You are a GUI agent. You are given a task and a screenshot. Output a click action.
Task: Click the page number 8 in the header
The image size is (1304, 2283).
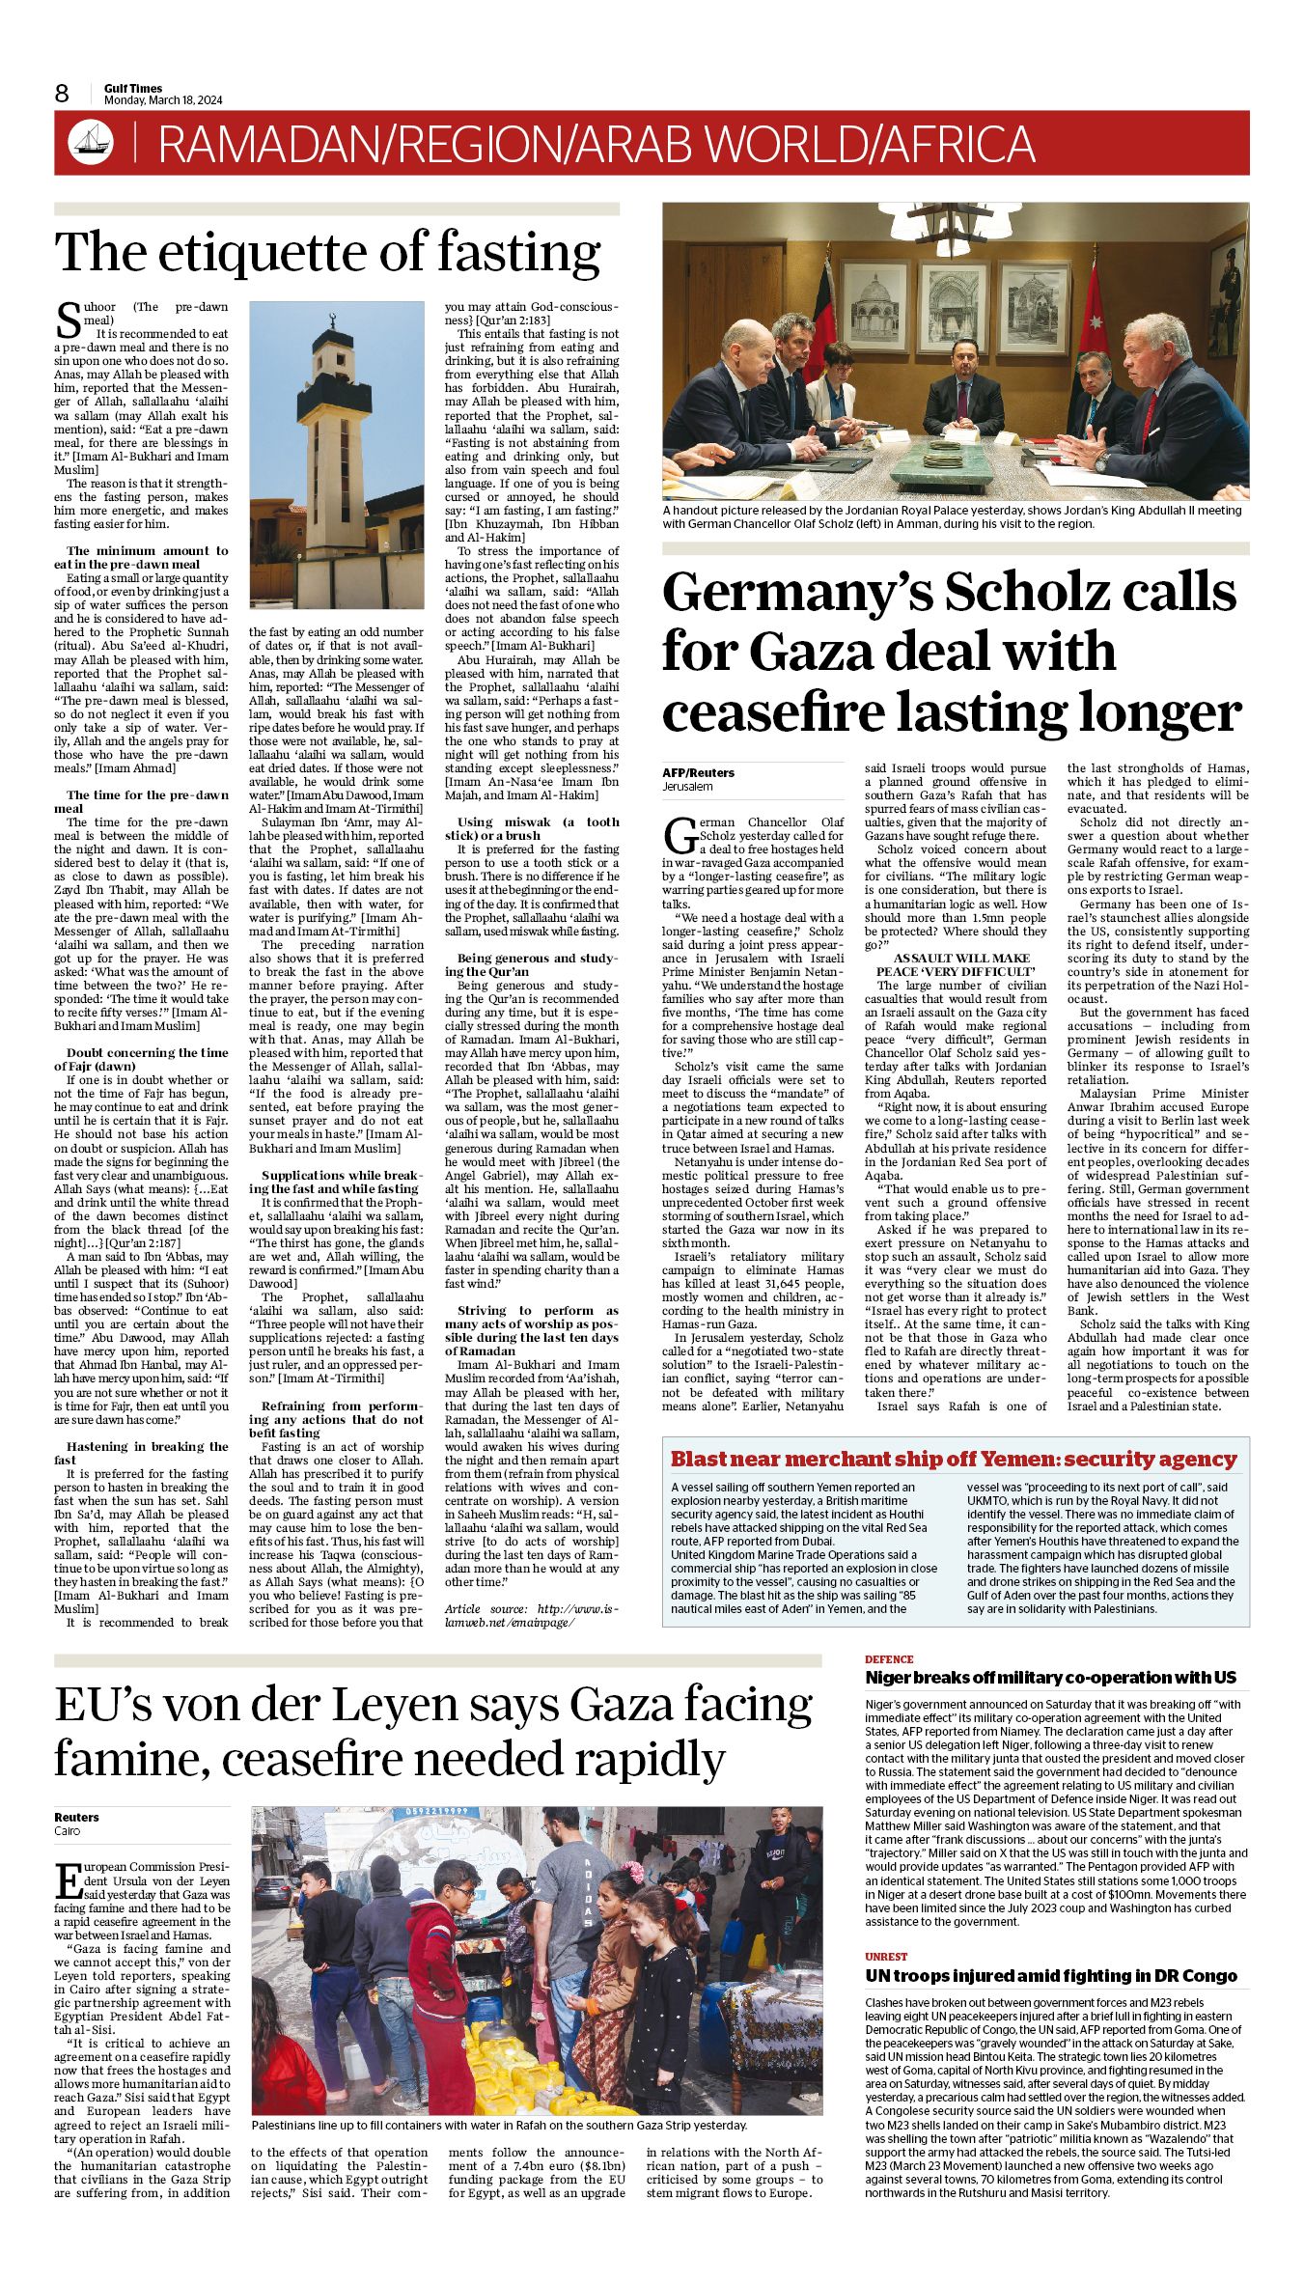click(62, 94)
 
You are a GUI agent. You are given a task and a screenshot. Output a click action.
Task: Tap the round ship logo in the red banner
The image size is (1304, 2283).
click(91, 143)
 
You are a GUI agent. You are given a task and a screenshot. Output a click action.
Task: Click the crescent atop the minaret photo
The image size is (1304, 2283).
click(331, 314)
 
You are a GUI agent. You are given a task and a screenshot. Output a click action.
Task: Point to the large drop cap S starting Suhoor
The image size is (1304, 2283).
click(68, 318)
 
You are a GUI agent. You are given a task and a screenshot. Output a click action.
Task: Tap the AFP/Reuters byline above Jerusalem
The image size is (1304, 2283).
click(698, 772)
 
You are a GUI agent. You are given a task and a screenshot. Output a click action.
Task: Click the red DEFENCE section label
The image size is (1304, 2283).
click(889, 1659)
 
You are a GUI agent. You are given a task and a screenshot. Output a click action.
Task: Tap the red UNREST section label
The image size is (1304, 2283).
click(886, 1957)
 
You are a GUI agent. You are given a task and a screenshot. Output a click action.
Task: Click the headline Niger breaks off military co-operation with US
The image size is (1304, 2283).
click(1050, 1678)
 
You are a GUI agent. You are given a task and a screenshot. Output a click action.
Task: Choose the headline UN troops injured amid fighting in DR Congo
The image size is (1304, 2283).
click(1050, 1976)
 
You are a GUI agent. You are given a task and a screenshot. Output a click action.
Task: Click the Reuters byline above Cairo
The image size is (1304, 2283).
click(76, 1817)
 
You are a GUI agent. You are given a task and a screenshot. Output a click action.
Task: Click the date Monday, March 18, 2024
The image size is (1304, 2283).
click(163, 100)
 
